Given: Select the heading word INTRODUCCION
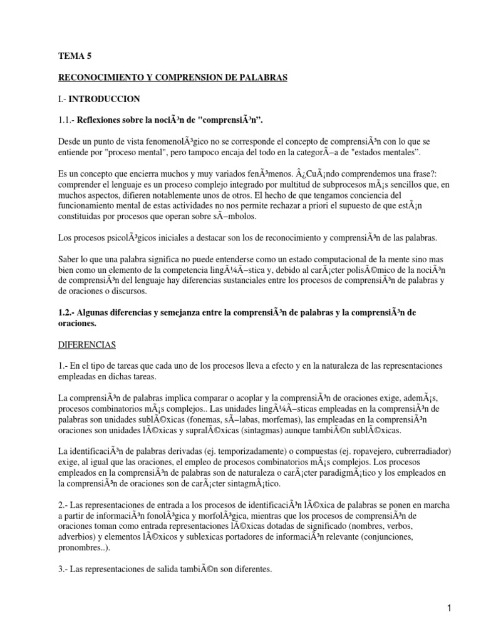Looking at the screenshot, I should tap(105, 99).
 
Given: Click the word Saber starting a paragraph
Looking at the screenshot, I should tap(70, 259).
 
